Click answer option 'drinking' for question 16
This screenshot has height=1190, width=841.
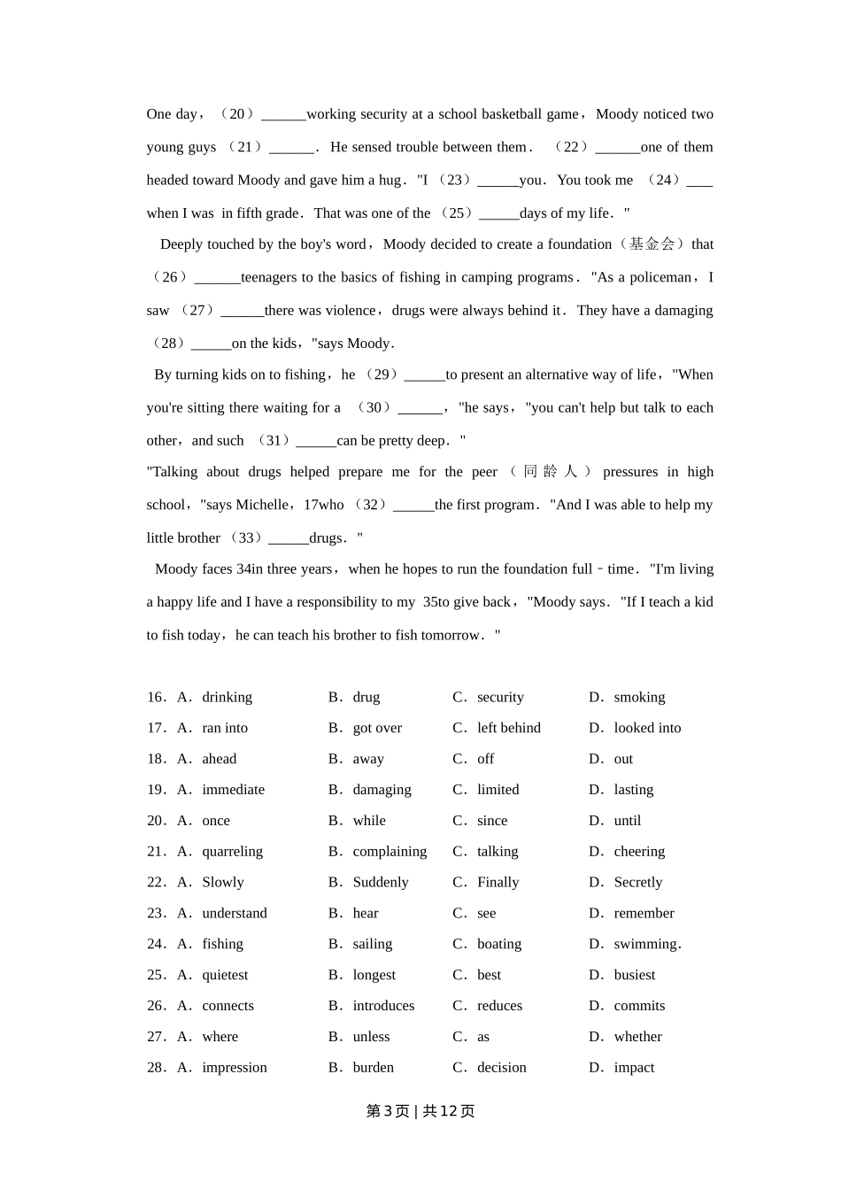227,698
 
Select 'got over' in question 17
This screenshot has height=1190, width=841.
377,729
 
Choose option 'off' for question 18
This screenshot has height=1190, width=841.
485,760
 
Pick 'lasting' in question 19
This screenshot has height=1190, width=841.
633,791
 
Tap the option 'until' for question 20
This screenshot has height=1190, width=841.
627,822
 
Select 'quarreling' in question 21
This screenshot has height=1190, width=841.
232,852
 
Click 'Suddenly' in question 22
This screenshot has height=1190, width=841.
381,883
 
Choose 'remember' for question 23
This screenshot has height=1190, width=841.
644,914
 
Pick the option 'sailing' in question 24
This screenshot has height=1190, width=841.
372,945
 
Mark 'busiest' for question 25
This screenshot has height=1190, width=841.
634,976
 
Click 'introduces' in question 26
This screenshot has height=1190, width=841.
383,1007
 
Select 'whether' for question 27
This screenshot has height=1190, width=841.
637,1038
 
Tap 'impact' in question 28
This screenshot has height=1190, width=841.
634,1069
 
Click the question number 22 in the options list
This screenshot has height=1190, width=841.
156,883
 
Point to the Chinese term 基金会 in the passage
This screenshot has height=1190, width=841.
653,244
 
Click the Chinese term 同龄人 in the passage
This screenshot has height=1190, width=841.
550,472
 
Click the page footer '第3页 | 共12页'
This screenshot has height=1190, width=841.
420,1111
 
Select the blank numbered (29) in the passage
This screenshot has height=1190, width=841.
424,375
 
